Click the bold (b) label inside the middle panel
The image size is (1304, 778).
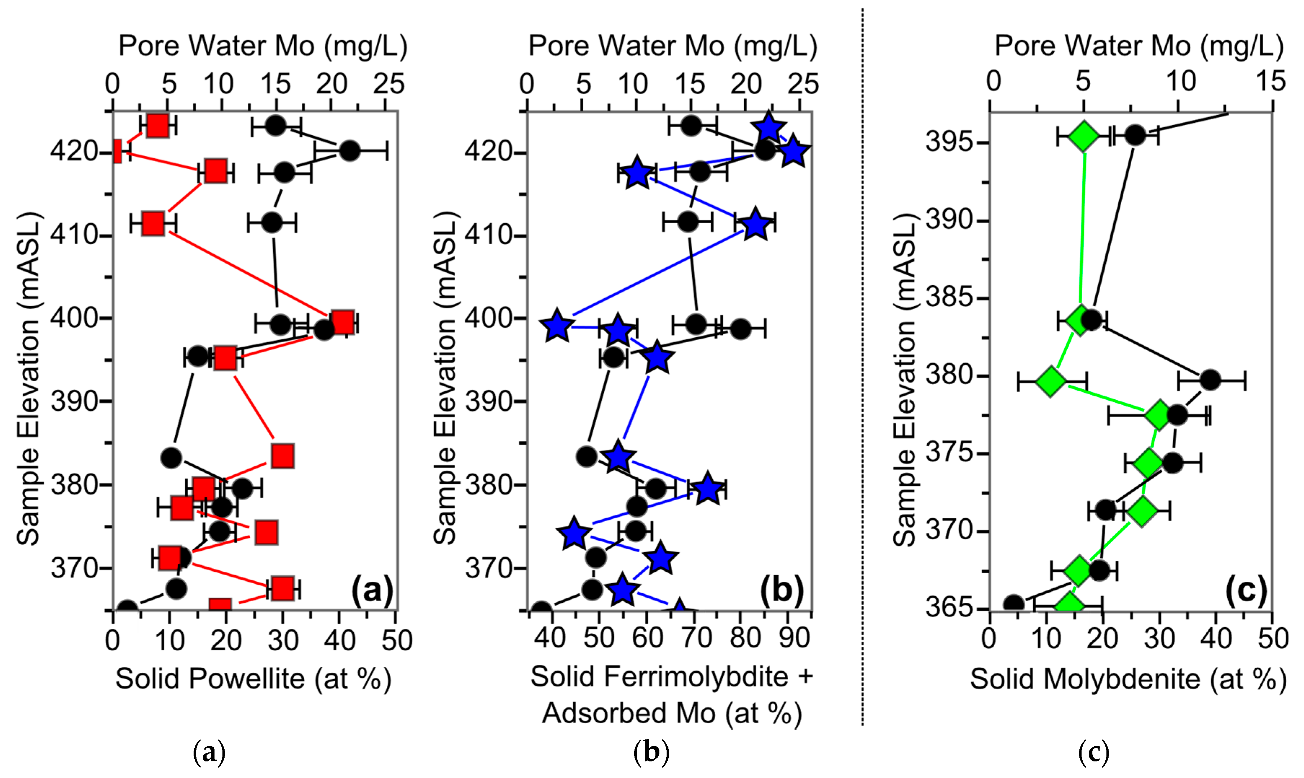click(x=782, y=590)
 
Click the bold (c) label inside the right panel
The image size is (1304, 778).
click(x=1246, y=590)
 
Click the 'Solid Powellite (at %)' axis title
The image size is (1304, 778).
click(x=253, y=679)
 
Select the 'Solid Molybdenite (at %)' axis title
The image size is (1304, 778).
click(x=1128, y=679)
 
